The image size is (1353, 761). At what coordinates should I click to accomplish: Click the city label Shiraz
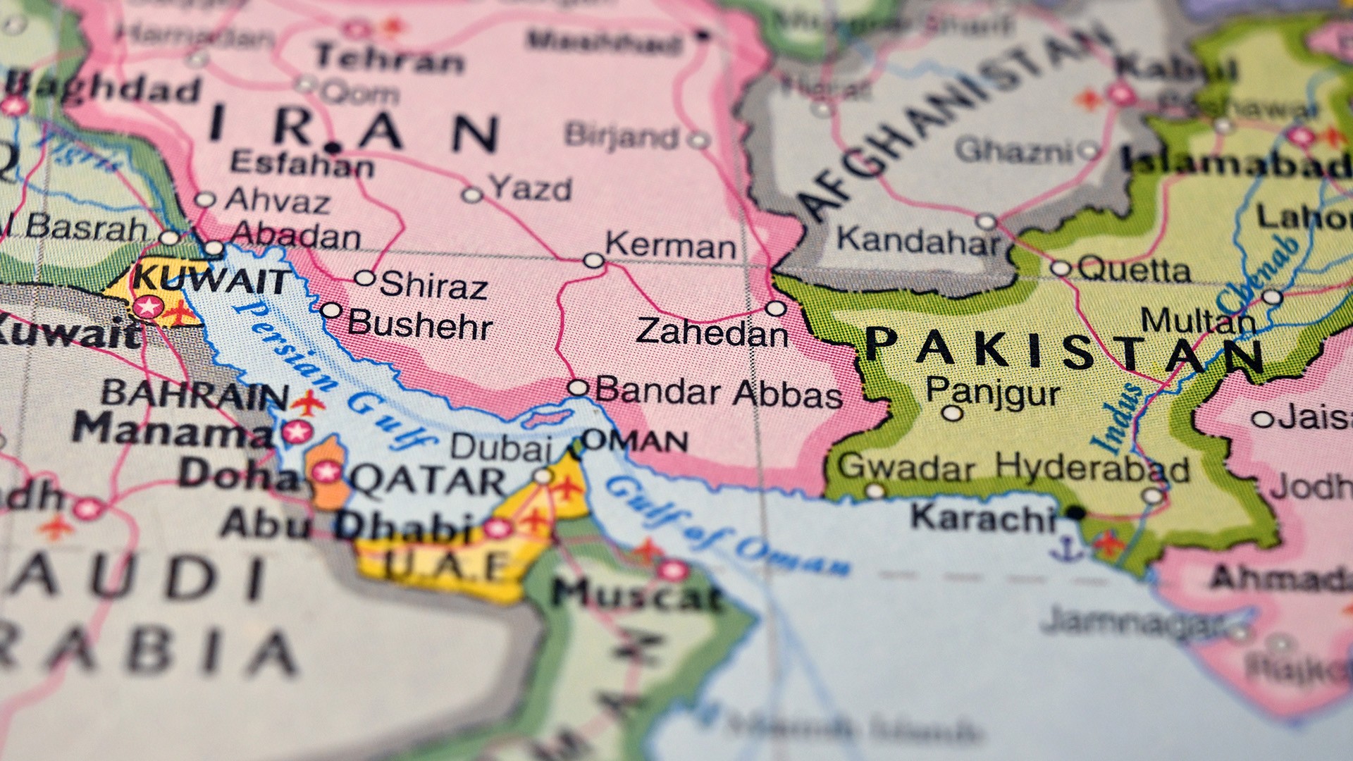click(433, 285)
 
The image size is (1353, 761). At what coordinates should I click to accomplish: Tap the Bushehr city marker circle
click(330, 311)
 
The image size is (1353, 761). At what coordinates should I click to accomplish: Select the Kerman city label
click(670, 247)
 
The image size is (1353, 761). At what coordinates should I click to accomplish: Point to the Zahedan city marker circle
click(775, 309)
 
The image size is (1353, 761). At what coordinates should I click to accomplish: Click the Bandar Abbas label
click(718, 392)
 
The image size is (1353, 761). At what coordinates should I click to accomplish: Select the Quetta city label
click(1134, 270)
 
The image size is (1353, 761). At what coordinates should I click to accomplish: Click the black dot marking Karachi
click(1075, 512)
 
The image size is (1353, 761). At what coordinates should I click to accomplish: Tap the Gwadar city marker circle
click(875, 491)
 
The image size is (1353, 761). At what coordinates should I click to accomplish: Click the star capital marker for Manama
click(297, 431)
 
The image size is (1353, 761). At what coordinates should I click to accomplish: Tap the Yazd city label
click(531, 189)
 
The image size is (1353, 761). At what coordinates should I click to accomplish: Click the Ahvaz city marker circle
click(204, 199)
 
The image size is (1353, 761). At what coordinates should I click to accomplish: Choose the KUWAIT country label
click(211, 280)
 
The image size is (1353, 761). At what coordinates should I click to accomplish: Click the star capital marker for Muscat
click(673, 570)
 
